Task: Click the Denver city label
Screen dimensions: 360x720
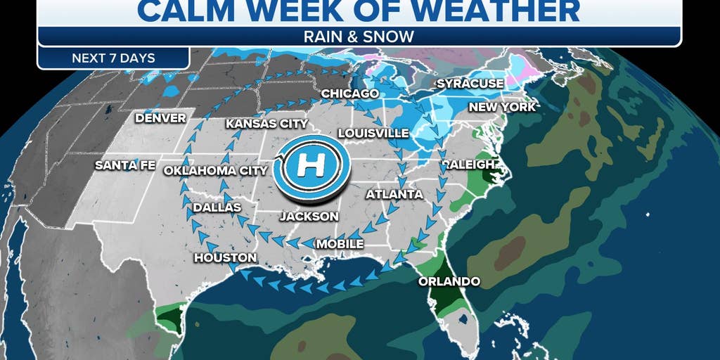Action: coord(161,118)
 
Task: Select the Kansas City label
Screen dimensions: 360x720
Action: coord(266,124)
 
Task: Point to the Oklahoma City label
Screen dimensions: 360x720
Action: coord(215,170)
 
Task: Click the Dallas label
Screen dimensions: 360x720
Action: coord(217,207)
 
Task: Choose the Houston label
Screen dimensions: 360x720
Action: coord(225,258)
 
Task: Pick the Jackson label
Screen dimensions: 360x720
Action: coord(309,217)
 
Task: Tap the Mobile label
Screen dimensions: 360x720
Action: coord(340,244)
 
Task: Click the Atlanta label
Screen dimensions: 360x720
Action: coord(394,194)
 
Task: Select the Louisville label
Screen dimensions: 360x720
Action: coord(373,133)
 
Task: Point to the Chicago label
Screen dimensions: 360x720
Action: coord(350,94)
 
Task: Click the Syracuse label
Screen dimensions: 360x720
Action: coord(470,84)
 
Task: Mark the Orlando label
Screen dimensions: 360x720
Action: coord(449,281)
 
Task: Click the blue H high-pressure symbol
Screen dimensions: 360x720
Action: coord(311,167)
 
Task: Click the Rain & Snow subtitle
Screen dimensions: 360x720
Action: coord(359,36)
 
